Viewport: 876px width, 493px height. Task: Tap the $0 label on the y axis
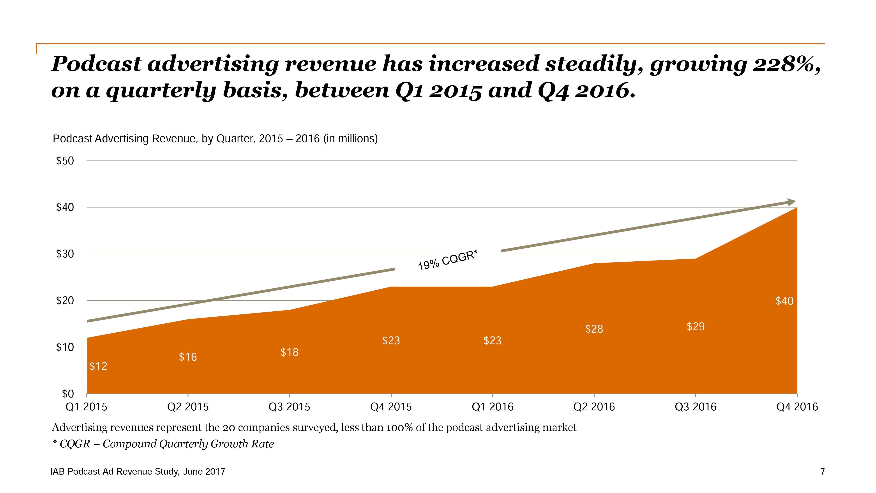(68, 394)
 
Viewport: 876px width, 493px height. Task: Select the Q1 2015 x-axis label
(86, 407)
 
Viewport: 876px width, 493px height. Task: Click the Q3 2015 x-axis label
(289, 407)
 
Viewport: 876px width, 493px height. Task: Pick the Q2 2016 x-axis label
(594, 407)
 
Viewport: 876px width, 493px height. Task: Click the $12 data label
(98, 366)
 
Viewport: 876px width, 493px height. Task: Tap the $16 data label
(188, 357)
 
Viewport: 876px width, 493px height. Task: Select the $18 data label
(289, 352)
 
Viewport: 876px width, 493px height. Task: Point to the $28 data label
(594, 329)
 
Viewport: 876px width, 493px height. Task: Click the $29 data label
(695, 327)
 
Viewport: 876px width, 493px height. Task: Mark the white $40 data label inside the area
(784, 301)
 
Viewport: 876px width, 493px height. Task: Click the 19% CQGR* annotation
(447, 260)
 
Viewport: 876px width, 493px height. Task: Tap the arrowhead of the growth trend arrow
(791, 202)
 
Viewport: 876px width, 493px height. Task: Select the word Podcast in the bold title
(96, 64)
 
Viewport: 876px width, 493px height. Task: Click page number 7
(822, 472)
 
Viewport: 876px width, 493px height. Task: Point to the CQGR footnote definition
(163, 444)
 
